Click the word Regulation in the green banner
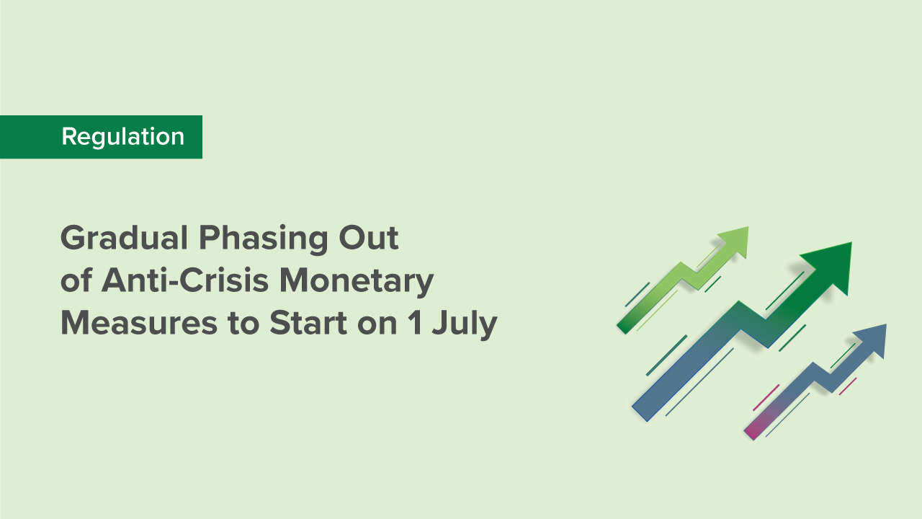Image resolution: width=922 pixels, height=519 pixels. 122,136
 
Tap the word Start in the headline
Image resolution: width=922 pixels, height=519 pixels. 309,324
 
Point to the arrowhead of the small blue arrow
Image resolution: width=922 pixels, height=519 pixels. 872,340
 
